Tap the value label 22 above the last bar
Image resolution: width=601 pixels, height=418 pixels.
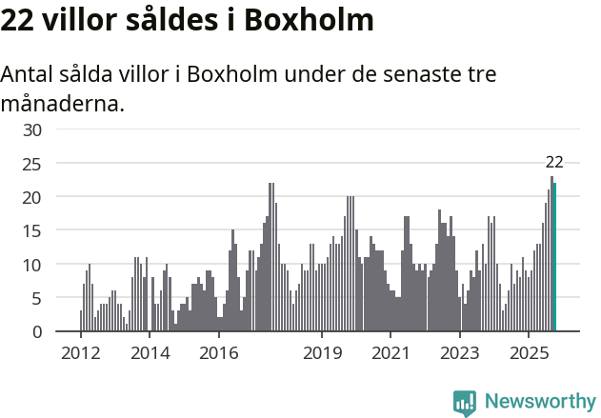[554, 162]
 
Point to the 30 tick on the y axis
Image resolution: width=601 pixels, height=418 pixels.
[32, 129]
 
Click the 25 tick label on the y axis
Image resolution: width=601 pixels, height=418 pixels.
[32, 164]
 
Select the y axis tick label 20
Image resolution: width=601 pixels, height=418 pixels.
[32, 197]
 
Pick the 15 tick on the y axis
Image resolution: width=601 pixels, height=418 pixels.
[32, 230]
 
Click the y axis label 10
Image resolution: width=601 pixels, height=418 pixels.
[32, 264]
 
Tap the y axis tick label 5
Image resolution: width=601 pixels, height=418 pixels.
[37, 298]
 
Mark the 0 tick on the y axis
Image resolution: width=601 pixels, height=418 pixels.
[37, 331]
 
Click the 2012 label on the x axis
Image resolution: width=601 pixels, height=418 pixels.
[80, 352]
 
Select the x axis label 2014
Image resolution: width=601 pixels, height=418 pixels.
[150, 352]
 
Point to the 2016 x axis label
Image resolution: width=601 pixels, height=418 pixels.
[218, 352]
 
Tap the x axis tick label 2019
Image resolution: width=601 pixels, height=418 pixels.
[322, 352]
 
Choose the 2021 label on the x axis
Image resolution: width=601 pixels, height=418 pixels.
[391, 352]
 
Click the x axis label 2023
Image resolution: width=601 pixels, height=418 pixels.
[460, 352]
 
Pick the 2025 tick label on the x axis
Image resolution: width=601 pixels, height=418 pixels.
[529, 352]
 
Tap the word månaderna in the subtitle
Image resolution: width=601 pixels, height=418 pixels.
[63, 103]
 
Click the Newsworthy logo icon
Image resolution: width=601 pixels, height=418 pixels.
[465, 403]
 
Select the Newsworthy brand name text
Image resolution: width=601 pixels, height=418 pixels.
[540, 402]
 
